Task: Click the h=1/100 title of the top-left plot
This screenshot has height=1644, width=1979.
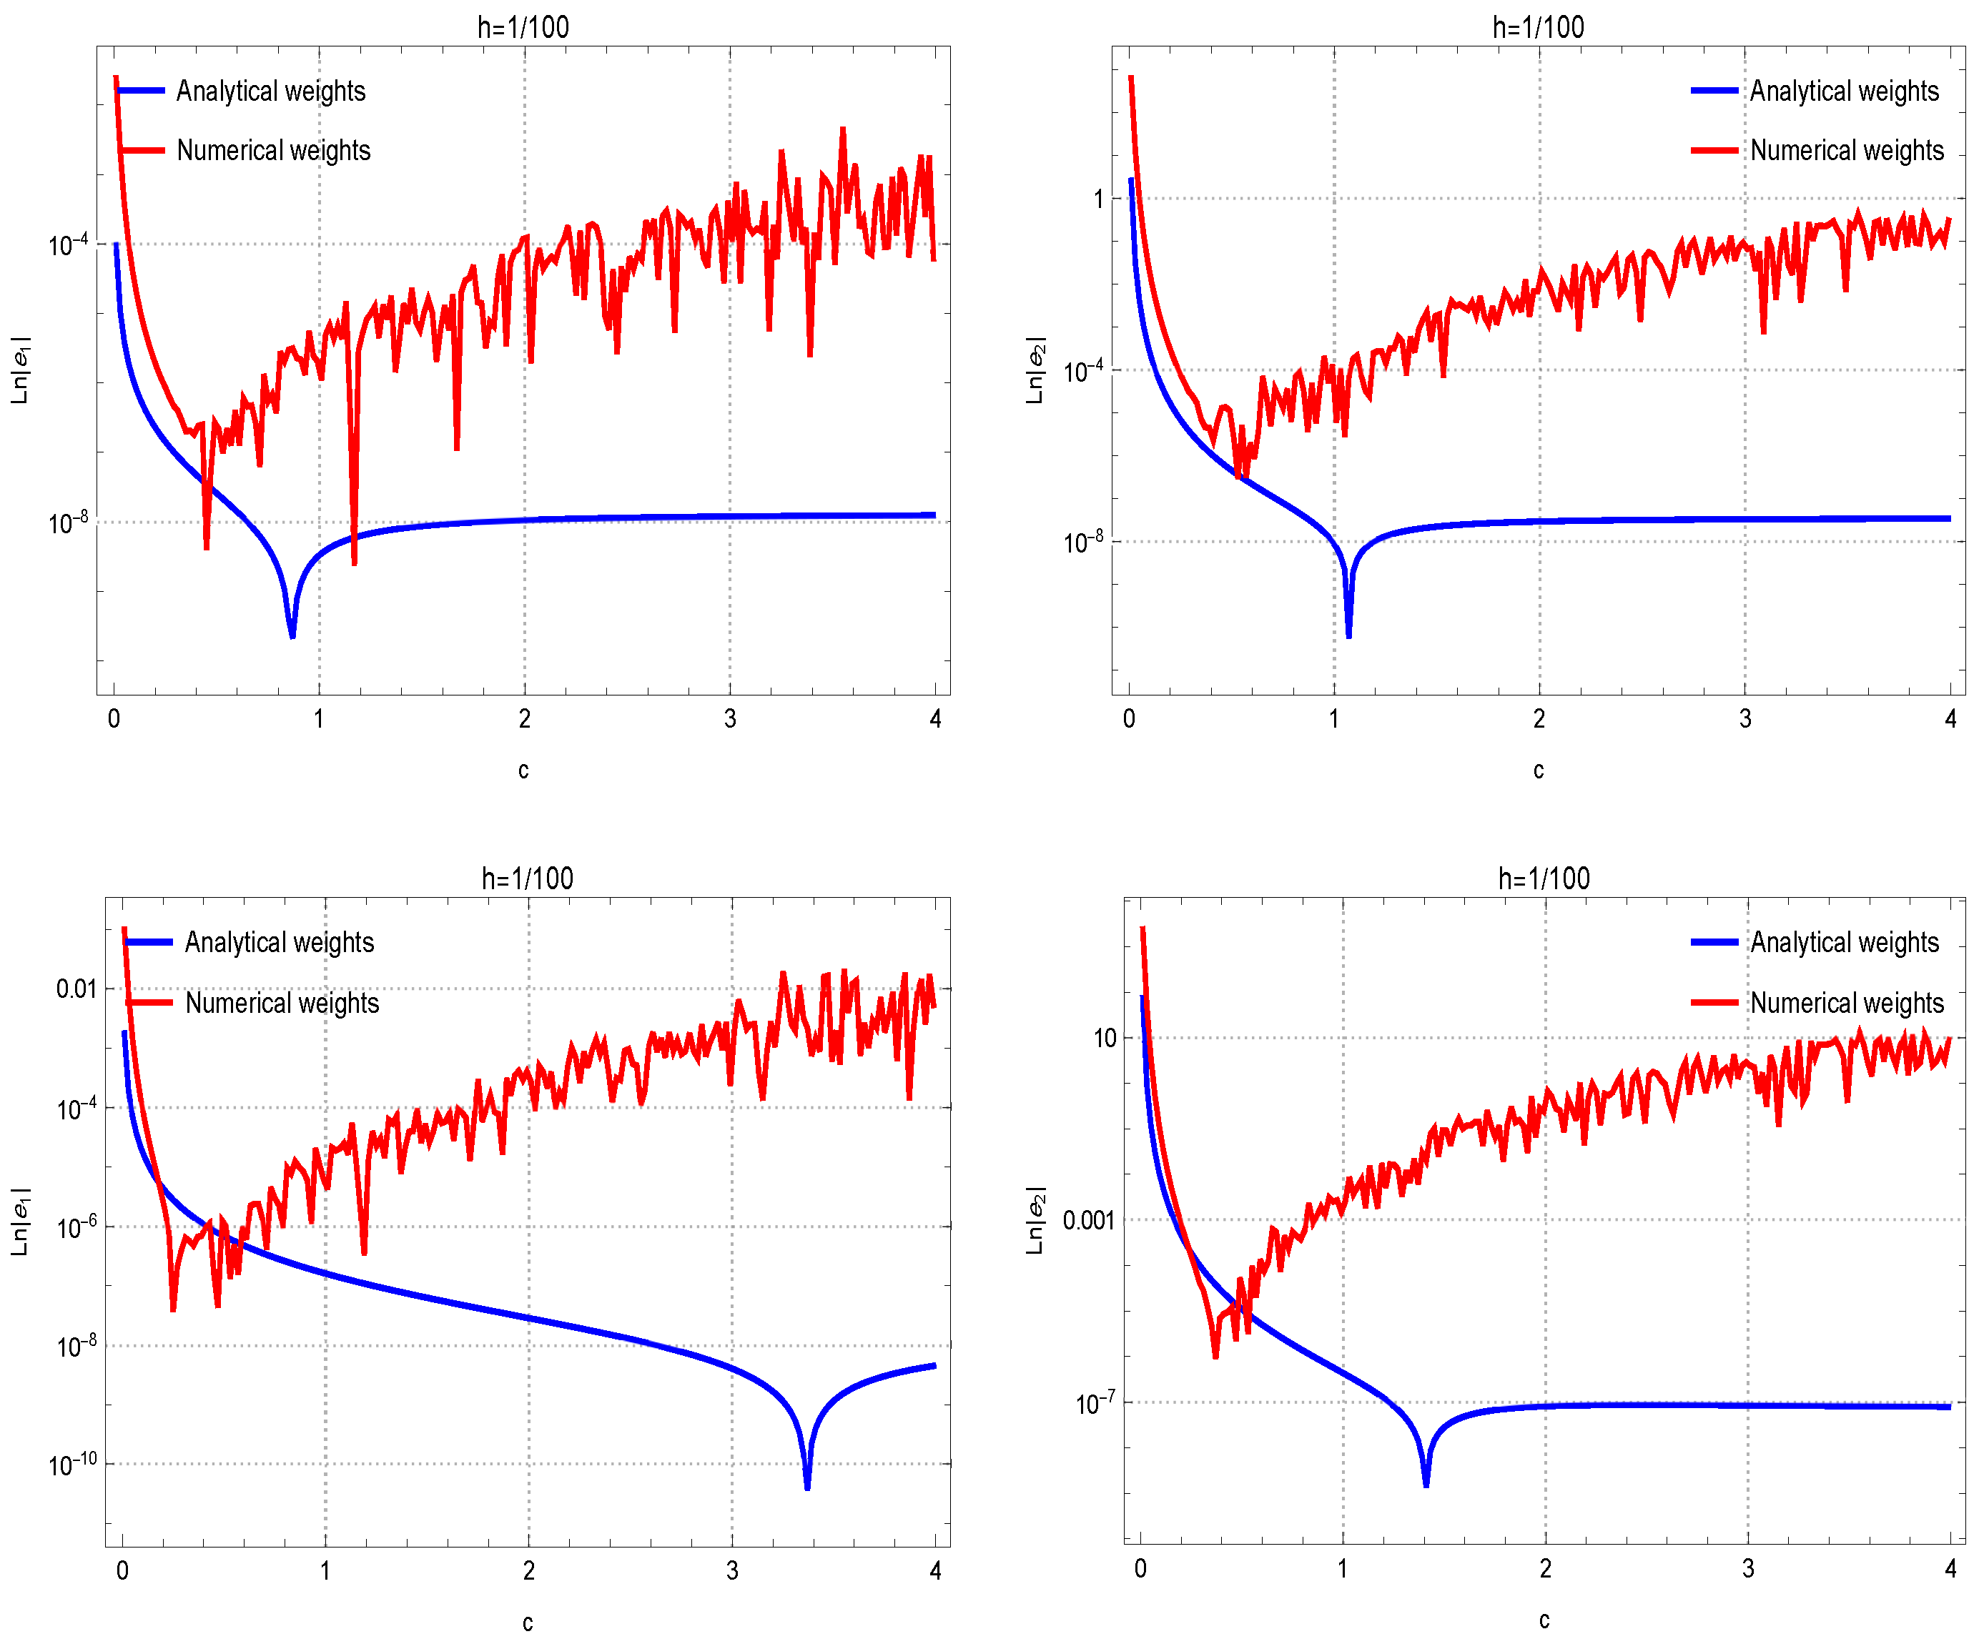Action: [x=523, y=27]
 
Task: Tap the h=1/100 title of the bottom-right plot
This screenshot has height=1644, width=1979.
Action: [x=1544, y=879]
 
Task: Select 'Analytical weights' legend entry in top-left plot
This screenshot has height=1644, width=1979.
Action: [x=270, y=91]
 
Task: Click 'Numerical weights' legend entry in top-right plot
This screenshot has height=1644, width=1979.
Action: [x=1846, y=151]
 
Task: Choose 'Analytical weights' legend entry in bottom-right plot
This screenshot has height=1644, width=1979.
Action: [x=1845, y=943]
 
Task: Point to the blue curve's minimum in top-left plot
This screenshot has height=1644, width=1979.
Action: [x=292, y=634]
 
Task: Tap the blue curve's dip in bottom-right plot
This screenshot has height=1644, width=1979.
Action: [x=1426, y=1483]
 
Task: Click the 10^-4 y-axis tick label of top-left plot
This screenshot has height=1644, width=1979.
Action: [x=68, y=245]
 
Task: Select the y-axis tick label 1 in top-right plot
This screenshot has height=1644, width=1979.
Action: [x=1098, y=199]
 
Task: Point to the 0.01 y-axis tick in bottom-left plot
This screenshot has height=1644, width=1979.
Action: [x=77, y=989]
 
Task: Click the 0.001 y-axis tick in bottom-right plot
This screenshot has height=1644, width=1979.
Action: [x=1088, y=1221]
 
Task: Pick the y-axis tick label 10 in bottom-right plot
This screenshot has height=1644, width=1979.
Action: [x=1105, y=1038]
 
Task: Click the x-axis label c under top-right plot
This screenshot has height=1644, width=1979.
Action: [x=1538, y=771]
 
